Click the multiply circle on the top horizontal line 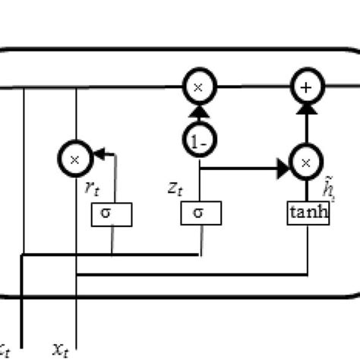pyautogui.click(x=198, y=88)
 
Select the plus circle pyautogui.click(x=306, y=88)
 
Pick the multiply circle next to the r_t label pyautogui.click(x=74, y=159)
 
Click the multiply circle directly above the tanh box pyautogui.click(x=306, y=163)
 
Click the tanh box pyautogui.click(x=308, y=213)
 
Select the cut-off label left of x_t pyautogui.click(x=5, y=349)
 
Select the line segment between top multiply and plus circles pyautogui.click(x=252, y=88)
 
